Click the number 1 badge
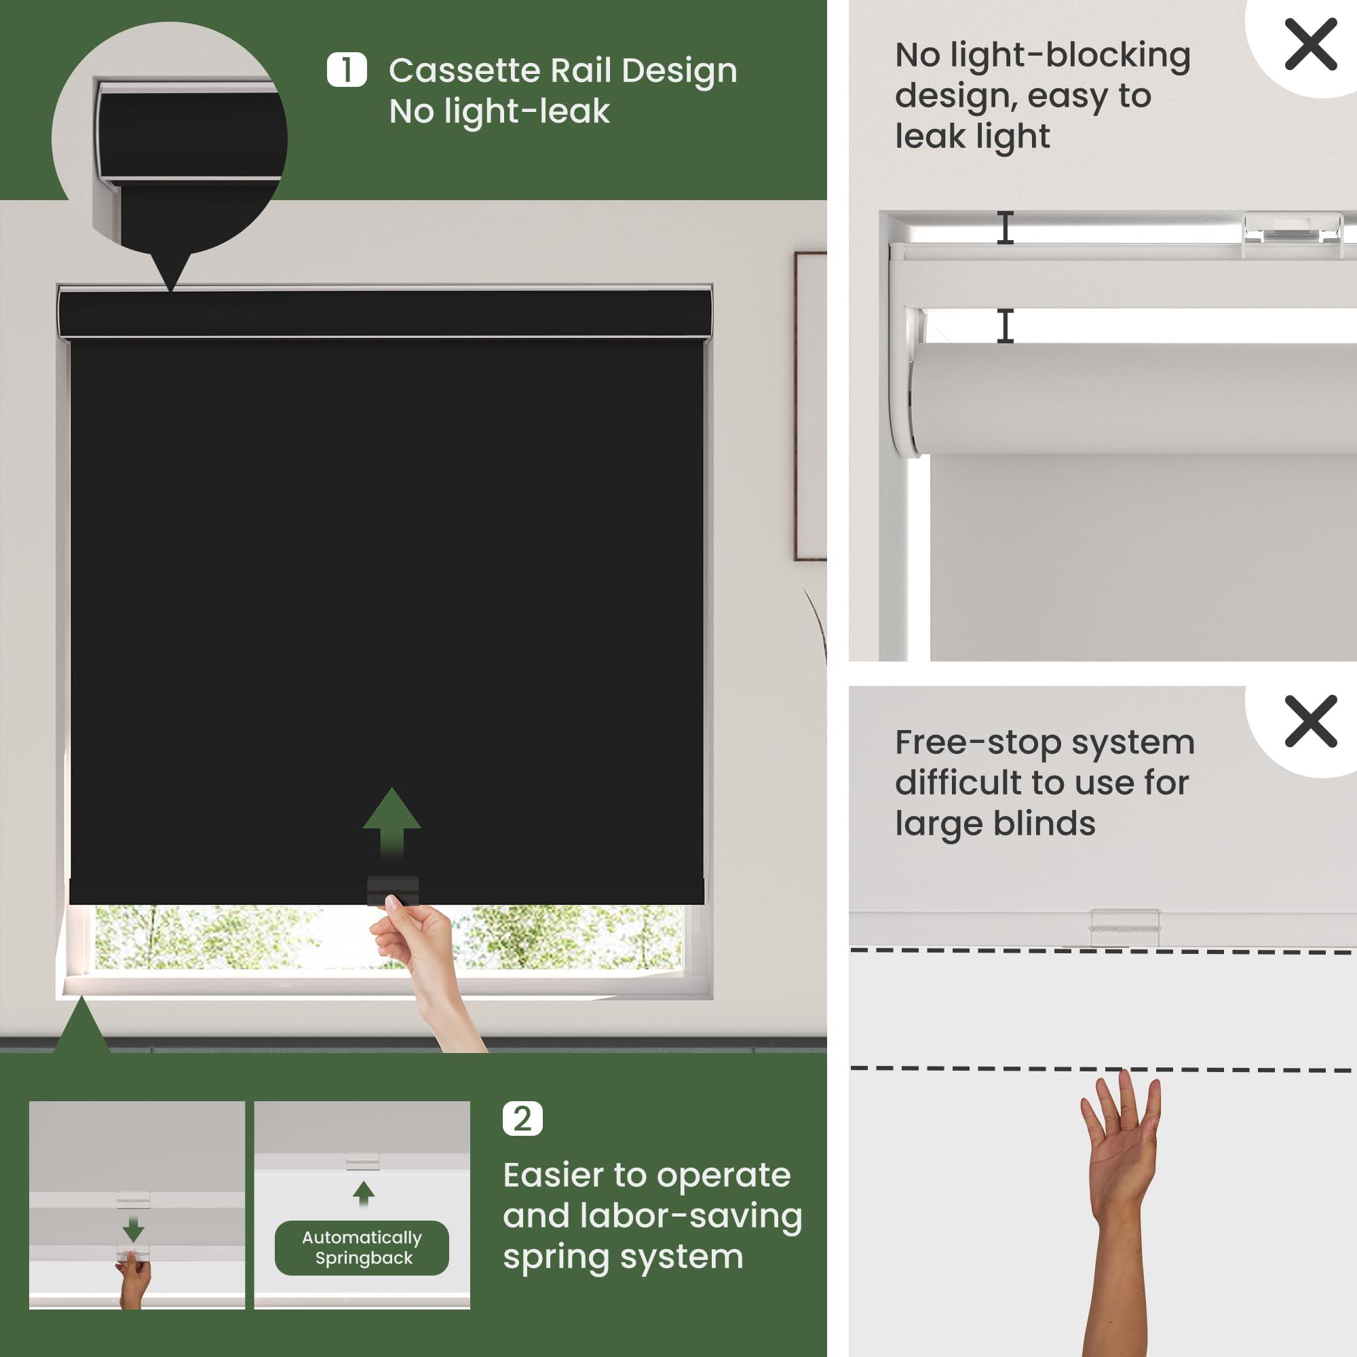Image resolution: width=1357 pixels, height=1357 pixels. [346, 71]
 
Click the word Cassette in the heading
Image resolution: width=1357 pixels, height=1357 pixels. [464, 71]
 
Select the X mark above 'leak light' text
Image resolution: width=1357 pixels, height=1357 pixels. [1311, 44]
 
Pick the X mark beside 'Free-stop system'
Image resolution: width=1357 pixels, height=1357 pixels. [1311, 721]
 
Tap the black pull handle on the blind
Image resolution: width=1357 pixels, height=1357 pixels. [393, 890]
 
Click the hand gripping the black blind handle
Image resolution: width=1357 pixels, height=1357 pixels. [425, 973]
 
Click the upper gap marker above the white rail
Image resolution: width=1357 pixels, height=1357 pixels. [1006, 227]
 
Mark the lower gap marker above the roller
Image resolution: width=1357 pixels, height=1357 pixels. [1006, 326]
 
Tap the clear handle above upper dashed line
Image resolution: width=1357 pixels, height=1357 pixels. [1125, 926]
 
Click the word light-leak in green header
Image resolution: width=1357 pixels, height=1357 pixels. [499, 112]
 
